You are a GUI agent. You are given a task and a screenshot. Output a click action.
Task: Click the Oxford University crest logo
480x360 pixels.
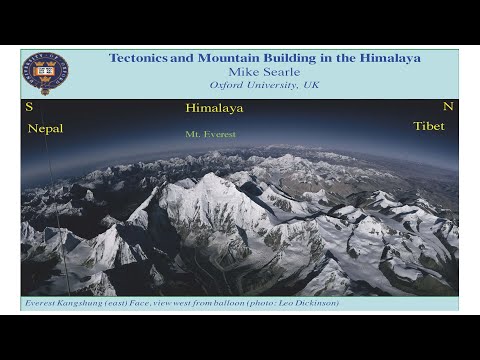point(46,73)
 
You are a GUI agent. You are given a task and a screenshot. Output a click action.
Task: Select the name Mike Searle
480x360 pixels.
point(263,72)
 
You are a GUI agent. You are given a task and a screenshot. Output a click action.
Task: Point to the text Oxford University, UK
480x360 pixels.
point(263,85)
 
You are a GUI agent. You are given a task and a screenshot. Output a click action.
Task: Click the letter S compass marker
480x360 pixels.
point(29,106)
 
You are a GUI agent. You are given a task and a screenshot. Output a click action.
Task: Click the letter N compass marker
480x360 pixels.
point(447,106)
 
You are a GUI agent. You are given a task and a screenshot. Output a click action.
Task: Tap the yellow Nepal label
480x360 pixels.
point(45,128)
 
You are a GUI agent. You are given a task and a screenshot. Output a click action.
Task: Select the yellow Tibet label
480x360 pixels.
point(429,126)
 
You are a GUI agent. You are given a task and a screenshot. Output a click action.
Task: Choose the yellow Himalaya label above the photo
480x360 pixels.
point(214,108)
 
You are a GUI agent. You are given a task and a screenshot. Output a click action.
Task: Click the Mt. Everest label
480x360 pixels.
point(211,133)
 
